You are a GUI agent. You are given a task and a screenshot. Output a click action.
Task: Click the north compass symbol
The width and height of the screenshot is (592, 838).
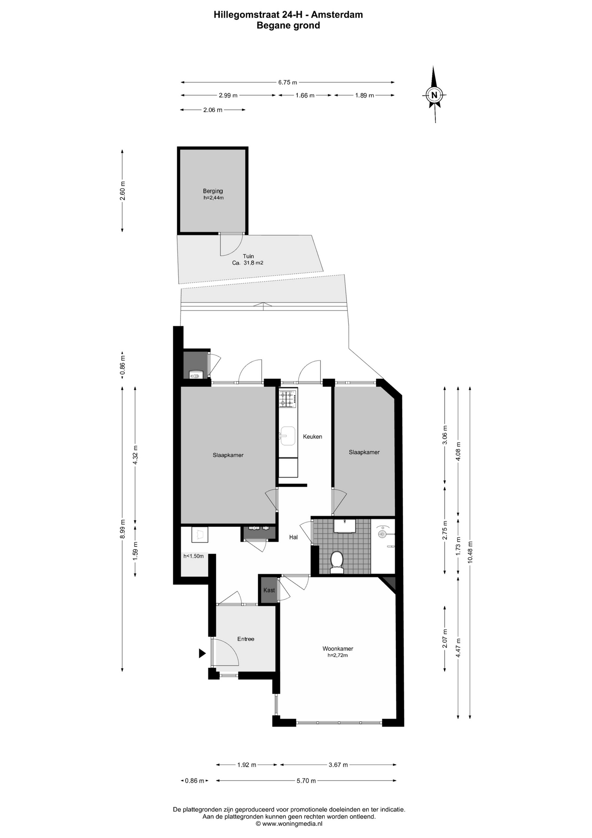(x=434, y=94)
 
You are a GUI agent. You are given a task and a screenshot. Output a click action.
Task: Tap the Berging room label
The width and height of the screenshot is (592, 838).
(x=213, y=191)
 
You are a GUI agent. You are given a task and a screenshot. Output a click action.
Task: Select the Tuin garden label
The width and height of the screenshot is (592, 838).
(x=248, y=256)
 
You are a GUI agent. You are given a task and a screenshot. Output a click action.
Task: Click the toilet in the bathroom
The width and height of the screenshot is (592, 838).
(x=337, y=562)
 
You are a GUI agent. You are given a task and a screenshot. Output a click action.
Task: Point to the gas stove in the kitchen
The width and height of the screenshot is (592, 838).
(x=288, y=398)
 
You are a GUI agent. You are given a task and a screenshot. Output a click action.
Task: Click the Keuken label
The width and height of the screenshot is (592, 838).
(x=313, y=436)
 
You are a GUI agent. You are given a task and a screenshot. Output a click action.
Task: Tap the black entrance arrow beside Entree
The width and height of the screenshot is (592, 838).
(x=202, y=653)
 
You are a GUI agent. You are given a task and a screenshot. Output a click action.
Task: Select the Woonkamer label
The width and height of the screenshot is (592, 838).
(x=338, y=649)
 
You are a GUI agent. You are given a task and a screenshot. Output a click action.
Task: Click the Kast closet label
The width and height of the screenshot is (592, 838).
(x=269, y=590)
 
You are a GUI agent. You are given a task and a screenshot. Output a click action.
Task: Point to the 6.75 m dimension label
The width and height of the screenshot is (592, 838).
(x=288, y=82)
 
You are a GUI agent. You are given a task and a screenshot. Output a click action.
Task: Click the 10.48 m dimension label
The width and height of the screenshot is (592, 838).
(x=470, y=552)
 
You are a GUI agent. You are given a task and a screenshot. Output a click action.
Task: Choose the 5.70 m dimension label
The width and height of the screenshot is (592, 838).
(x=306, y=780)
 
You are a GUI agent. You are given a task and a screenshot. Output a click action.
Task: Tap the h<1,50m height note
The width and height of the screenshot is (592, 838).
(x=194, y=556)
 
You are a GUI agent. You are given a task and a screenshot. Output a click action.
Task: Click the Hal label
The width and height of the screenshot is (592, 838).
(x=293, y=537)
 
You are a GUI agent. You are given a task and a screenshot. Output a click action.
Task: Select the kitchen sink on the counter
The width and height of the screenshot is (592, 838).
(x=288, y=436)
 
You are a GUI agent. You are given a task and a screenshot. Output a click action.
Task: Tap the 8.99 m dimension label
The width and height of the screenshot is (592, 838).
(x=122, y=529)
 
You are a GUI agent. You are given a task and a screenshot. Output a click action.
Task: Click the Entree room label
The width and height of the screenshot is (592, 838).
(x=245, y=639)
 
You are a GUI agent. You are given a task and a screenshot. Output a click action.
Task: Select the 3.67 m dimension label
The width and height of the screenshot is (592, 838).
(x=338, y=765)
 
